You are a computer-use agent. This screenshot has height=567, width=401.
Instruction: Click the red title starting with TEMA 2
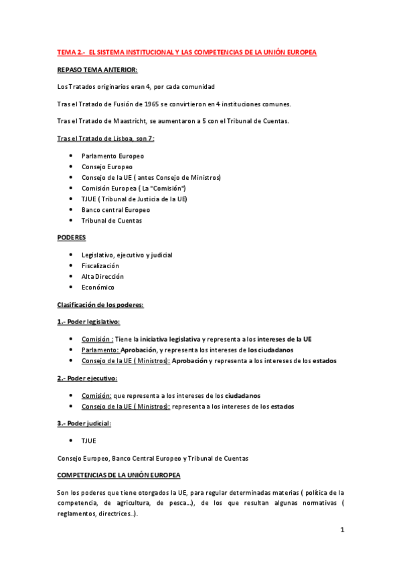[187, 51]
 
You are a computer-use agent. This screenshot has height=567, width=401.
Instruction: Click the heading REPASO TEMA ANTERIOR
[98, 70]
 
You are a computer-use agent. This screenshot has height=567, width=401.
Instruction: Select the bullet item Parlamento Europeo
[112, 156]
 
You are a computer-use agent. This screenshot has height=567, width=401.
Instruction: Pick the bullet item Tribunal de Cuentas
[111, 221]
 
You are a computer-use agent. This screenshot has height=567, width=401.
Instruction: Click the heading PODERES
[72, 237]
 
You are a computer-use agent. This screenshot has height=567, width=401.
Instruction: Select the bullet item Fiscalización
[100, 265]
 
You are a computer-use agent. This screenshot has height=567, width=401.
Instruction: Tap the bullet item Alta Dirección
[102, 276]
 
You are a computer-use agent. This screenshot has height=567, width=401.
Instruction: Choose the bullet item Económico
[98, 288]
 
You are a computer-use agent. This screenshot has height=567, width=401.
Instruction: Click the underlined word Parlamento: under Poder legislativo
[100, 350]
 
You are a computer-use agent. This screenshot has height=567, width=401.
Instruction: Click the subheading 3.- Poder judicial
[84, 423]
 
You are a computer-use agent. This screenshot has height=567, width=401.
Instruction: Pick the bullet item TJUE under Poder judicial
[89, 441]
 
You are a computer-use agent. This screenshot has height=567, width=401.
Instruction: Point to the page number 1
[341, 530]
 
